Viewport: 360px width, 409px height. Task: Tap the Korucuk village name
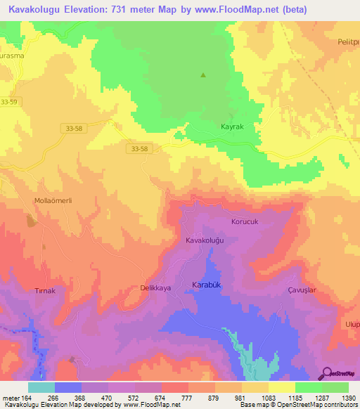click(245, 221)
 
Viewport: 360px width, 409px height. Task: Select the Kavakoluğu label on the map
click(204, 240)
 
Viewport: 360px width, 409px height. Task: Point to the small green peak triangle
click(204, 75)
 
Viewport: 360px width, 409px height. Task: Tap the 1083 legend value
click(266, 397)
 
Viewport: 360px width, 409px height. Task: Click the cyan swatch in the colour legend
click(41, 387)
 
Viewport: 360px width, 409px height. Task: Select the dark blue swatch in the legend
click(68, 387)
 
